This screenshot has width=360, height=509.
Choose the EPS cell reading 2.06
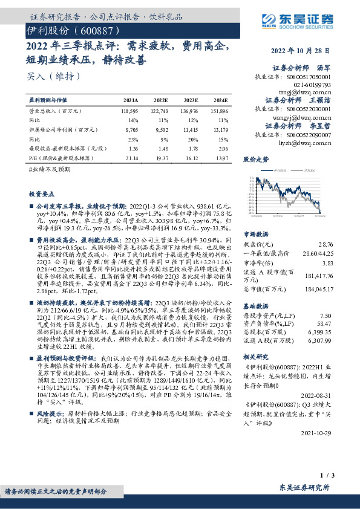click(222, 148)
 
